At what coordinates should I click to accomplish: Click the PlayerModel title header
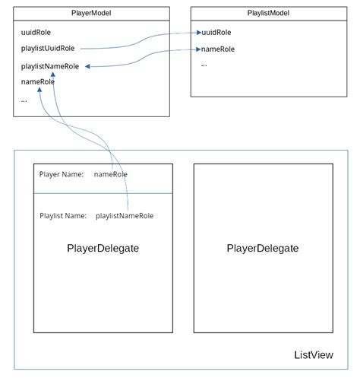tap(92, 13)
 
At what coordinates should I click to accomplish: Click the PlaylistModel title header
tap(267, 13)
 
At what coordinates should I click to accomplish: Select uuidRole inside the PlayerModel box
tap(36, 33)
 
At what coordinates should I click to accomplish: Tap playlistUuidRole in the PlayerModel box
tap(48, 49)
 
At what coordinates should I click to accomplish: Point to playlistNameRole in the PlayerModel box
tap(49, 66)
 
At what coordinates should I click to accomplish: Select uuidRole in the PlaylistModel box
tap(216, 33)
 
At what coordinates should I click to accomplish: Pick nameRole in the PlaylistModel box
tap(217, 49)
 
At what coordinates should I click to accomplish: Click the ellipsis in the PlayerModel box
tap(24, 100)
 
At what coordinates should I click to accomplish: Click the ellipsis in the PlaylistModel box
tap(204, 65)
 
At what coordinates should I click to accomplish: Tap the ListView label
tap(313, 355)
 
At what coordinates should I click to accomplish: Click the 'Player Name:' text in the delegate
tap(61, 174)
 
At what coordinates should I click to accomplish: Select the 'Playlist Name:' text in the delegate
tap(63, 216)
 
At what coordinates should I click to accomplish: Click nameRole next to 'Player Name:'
tap(111, 174)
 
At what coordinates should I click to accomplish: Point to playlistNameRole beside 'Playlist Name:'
tap(125, 216)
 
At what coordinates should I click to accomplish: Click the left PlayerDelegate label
tap(103, 249)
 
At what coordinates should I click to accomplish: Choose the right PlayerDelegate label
tap(263, 249)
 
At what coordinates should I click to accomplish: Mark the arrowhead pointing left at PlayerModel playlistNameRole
tap(88, 66)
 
